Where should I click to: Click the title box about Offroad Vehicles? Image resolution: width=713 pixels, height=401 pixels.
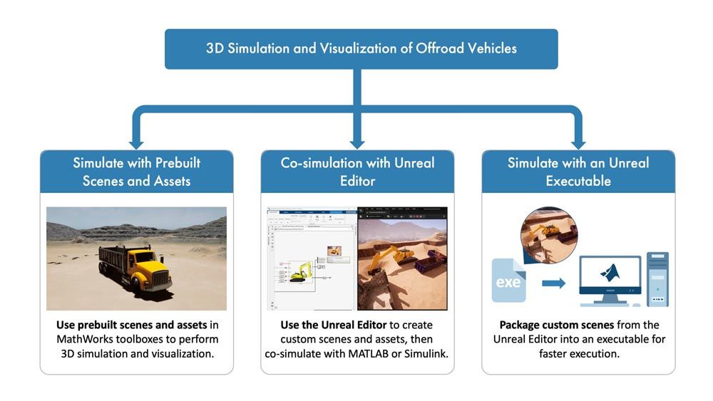click(x=361, y=49)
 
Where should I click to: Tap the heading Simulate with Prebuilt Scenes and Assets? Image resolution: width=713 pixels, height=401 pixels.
click(x=136, y=172)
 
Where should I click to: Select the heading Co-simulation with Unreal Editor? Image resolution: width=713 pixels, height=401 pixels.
click(x=357, y=172)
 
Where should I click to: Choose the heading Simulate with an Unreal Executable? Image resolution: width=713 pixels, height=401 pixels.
click(x=578, y=172)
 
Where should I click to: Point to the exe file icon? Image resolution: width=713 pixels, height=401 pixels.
click(x=508, y=281)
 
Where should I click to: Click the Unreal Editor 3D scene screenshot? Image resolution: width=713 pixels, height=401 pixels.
click(x=402, y=259)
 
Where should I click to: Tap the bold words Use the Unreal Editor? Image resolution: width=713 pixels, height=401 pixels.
click(x=322, y=325)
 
